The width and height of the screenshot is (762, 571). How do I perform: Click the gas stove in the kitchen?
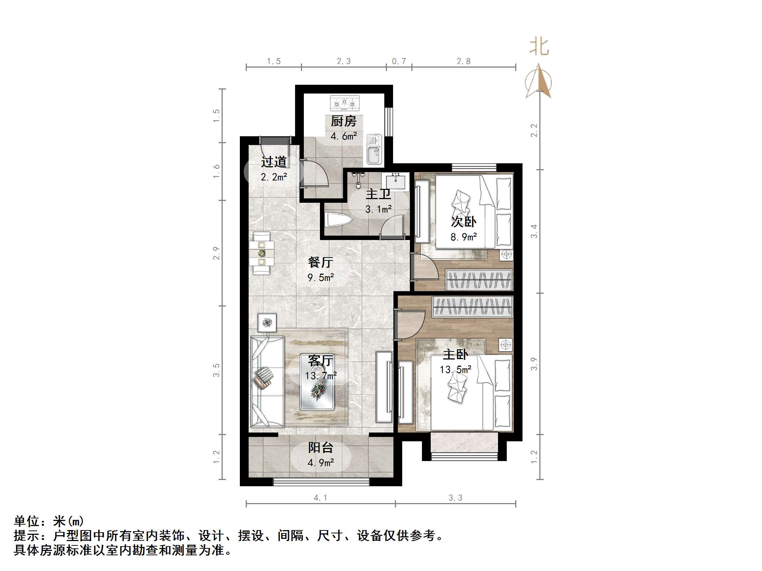[x=344, y=103]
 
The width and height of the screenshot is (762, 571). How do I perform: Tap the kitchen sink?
[x=374, y=150]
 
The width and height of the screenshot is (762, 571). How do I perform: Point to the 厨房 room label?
[x=343, y=121]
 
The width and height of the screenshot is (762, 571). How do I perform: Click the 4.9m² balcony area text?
[x=321, y=463]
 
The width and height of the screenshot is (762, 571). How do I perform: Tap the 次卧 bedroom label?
[x=463, y=222]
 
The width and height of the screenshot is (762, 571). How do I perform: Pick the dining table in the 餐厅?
[x=261, y=253]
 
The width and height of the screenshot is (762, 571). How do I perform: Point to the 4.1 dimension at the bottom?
[x=320, y=498]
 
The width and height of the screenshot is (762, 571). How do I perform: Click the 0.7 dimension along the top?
[x=399, y=61]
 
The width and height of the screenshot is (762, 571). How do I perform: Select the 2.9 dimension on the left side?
[x=216, y=253]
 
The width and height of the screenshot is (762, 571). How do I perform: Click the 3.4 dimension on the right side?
[x=534, y=231]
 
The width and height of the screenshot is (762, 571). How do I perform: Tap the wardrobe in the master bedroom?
[x=473, y=307]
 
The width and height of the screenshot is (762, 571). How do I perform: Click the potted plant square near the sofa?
[x=267, y=323]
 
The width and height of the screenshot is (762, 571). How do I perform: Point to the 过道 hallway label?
[x=274, y=162]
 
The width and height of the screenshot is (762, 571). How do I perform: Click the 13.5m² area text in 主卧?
[x=455, y=370]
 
